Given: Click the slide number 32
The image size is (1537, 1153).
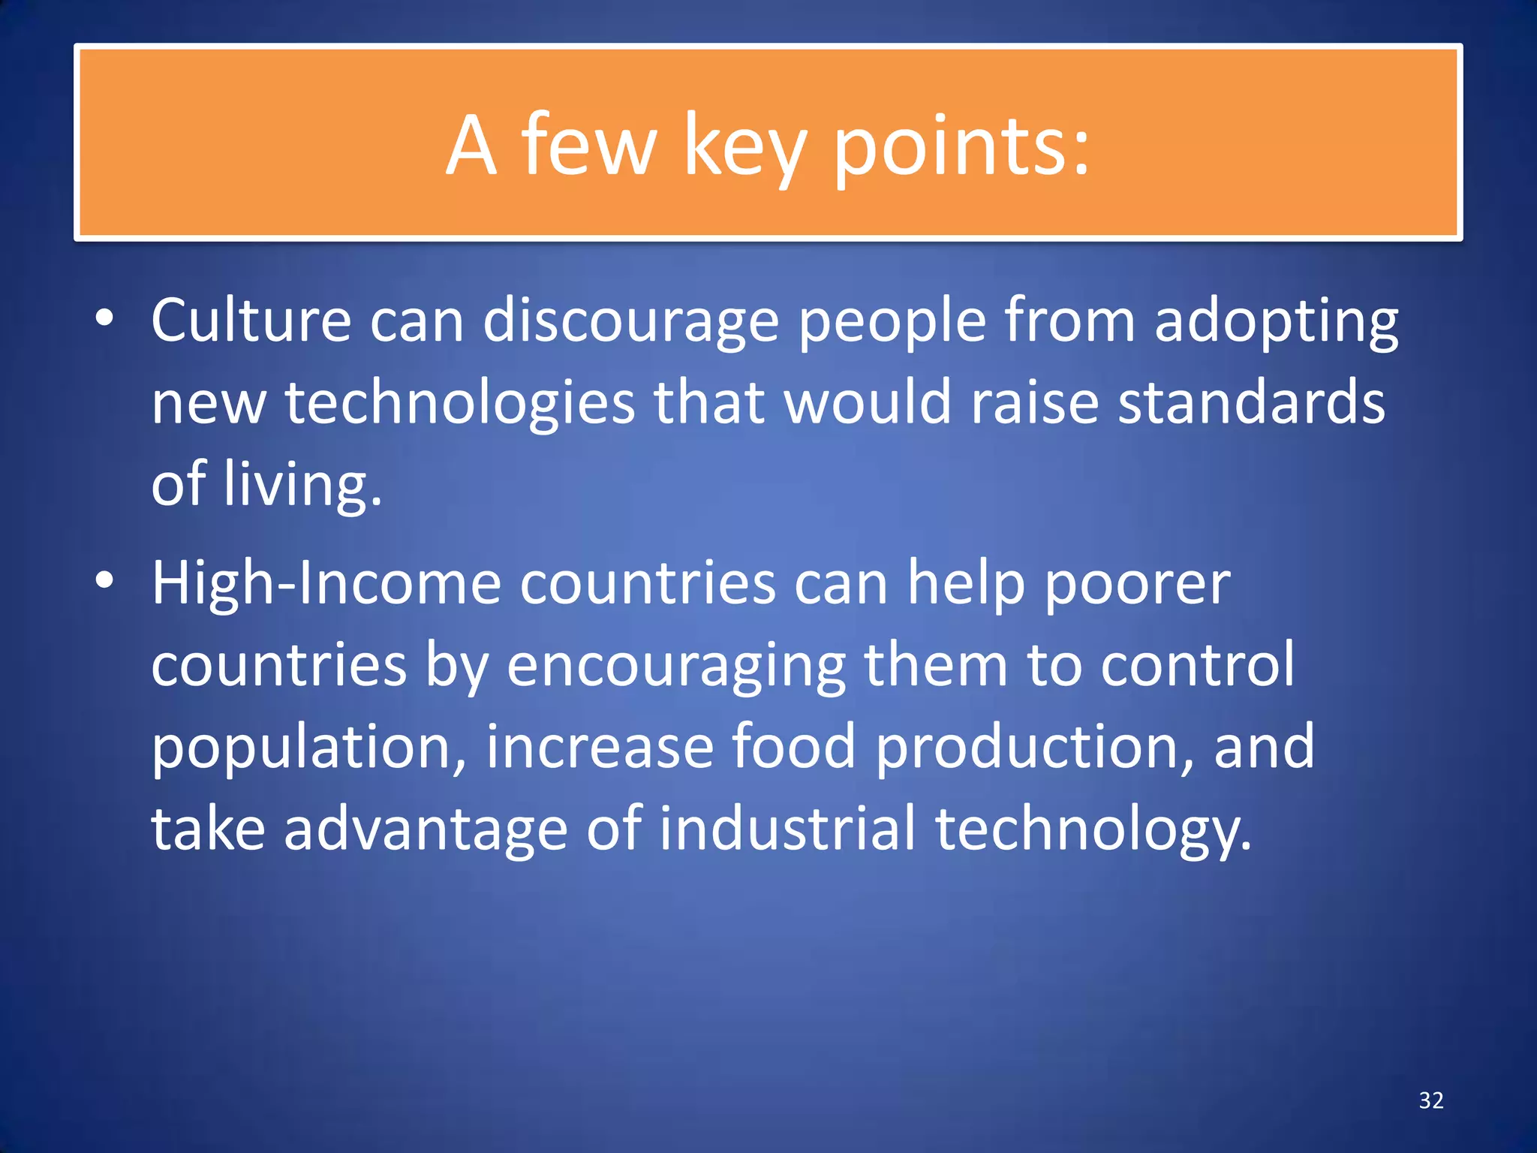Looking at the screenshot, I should tap(1431, 1100).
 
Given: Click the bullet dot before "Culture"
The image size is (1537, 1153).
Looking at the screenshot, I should tap(104, 320).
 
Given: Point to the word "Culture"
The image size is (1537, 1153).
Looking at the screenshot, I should tap(251, 321).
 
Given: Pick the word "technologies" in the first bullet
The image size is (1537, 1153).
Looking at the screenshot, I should tap(460, 405).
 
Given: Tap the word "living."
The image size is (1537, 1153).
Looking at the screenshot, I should tap(303, 486).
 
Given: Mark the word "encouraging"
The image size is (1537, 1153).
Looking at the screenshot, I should tap(676, 667).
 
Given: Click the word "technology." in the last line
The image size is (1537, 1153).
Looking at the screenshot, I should tap(1093, 830).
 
